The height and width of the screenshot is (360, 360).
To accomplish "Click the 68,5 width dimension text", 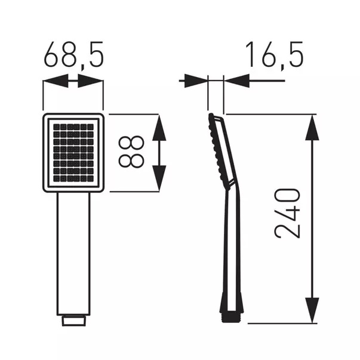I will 73,56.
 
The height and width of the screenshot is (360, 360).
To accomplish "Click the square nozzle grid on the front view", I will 73,152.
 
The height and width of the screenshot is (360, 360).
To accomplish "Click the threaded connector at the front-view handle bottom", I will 73,320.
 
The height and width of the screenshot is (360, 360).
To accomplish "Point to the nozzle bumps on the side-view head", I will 213,149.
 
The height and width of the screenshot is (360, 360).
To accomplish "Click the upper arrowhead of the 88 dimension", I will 159,127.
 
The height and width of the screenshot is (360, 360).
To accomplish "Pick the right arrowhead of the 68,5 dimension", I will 92,81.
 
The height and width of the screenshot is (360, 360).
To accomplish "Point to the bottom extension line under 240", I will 281,324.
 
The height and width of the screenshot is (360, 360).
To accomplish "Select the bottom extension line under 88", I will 134,192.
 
